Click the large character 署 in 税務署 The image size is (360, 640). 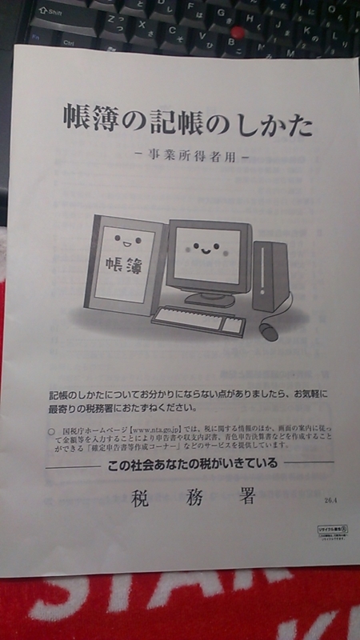coord(242,500)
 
